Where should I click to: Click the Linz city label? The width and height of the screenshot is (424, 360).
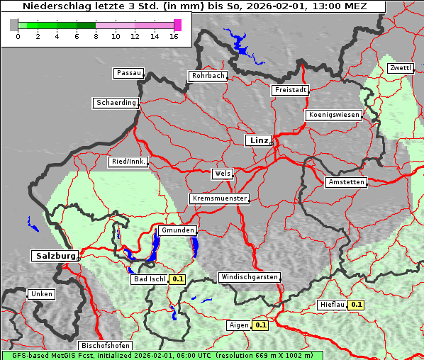click(x=258, y=140)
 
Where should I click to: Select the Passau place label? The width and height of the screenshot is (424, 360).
click(x=128, y=73)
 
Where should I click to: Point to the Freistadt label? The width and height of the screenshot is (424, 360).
click(x=290, y=90)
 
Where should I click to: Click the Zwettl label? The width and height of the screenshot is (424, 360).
click(x=400, y=68)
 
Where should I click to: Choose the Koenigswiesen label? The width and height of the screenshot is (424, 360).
click(x=333, y=115)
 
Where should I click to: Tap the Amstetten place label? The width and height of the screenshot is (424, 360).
click(x=346, y=182)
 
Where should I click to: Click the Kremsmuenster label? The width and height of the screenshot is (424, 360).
click(x=219, y=198)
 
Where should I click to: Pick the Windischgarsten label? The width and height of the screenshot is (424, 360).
click(x=248, y=277)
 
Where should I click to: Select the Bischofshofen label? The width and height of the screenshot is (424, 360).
click(x=105, y=346)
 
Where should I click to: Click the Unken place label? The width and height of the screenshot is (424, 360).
click(x=41, y=293)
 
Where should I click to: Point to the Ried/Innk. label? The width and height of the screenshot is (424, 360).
click(x=128, y=162)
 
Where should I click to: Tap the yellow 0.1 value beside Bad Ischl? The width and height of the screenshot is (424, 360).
click(x=177, y=279)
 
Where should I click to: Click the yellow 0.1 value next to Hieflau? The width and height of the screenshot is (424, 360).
click(x=357, y=305)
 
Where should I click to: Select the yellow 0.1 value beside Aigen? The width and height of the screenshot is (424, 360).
click(x=260, y=325)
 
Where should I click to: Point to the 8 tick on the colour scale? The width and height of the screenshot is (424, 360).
click(x=96, y=36)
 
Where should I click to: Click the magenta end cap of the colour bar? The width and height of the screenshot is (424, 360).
click(x=177, y=25)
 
